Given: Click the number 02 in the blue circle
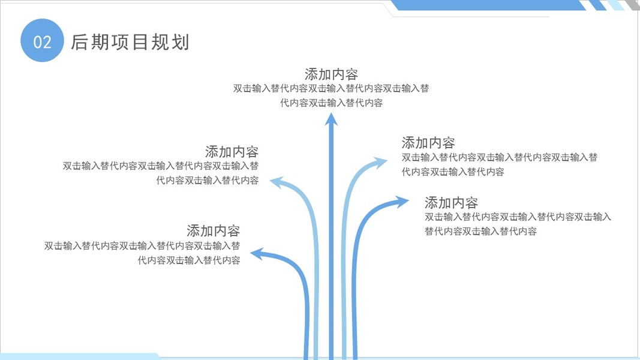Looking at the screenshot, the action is click(x=42, y=41).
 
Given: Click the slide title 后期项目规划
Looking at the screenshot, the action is click(x=130, y=42).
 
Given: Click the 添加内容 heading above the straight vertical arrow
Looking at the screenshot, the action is click(x=331, y=74).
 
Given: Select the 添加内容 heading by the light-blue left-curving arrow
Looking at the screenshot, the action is click(x=232, y=151).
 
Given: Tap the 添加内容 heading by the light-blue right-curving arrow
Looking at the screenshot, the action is click(x=428, y=143).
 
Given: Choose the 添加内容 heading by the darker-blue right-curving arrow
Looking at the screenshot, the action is click(x=451, y=202).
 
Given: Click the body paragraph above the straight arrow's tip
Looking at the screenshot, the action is click(x=331, y=95).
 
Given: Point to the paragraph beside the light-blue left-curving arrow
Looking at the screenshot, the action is click(x=161, y=173).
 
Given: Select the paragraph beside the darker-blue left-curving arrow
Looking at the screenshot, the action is click(x=142, y=253).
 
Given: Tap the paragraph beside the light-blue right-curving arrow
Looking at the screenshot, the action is click(x=499, y=164).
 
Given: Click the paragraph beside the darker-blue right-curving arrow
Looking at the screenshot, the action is click(x=518, y=224).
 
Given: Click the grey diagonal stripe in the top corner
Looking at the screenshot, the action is click(x=631, y=5).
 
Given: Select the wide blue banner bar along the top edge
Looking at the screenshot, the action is click(x=486, y=5).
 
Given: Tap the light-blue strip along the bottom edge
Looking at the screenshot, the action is click(x=78, y=356).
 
